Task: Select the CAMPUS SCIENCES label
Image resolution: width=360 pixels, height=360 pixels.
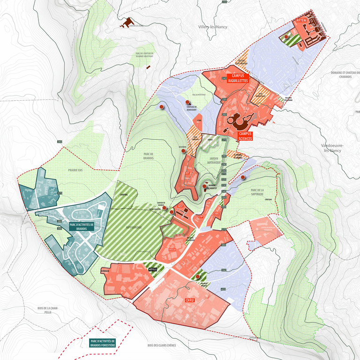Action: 245,136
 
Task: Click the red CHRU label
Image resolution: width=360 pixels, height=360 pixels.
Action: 189,299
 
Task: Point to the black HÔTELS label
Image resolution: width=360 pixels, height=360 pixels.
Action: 152,270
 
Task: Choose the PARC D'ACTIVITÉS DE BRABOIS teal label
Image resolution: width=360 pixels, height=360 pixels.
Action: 82,226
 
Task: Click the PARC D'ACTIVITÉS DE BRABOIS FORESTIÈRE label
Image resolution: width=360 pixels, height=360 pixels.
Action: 103,343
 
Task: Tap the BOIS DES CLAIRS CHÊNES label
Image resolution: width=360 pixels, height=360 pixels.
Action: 162,345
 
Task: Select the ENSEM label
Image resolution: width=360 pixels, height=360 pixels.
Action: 171,249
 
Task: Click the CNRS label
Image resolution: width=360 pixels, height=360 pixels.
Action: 216,213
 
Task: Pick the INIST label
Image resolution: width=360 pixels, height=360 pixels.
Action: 180,205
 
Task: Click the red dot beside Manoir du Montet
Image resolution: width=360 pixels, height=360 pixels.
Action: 204,186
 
